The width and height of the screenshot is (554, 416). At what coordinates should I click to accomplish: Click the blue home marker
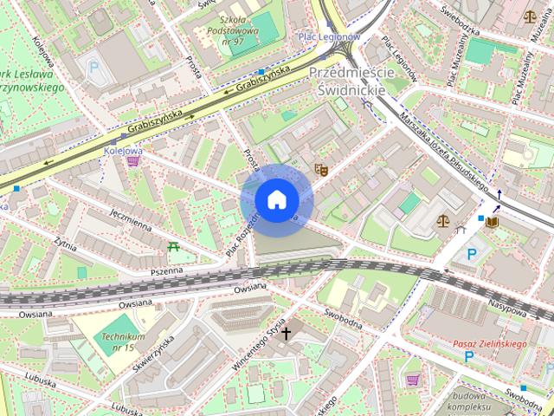tap(276, 199)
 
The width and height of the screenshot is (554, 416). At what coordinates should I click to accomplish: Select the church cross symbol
tap(286, 331)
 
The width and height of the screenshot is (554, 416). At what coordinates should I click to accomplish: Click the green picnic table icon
tap(174, 247)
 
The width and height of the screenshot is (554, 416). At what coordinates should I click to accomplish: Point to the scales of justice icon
tap(443, 221)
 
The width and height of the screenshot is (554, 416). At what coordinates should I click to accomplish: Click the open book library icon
tap(493, 222)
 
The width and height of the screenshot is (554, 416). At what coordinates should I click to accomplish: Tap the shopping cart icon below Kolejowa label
tap(132, 162)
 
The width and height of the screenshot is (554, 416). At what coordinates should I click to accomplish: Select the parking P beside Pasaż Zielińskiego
tap(468, 356)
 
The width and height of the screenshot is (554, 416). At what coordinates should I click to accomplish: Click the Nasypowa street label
tap(508, 306)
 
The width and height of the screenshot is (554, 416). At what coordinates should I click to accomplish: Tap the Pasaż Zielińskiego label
tap(490, 344)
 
